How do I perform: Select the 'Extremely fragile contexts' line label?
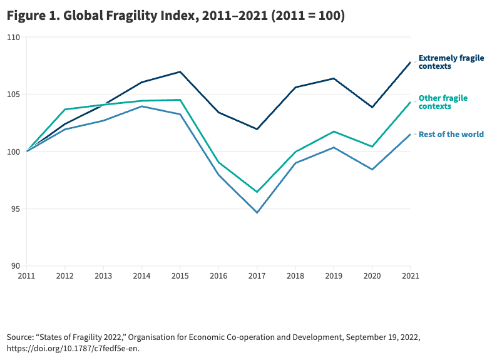[451, 62]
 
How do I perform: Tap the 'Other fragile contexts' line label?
[443, 102]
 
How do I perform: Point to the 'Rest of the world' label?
[451, 134]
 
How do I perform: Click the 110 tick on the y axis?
[14, 38]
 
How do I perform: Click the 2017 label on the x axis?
[257, 275]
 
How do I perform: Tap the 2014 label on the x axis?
[141, 275]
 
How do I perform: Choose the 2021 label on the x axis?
[410, 275]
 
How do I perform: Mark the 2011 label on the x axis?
[26, 275]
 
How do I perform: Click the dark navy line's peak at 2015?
[180, 72]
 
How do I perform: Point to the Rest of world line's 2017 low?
[257, 213]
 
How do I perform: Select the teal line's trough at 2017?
[257, 192]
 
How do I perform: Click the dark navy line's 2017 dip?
[257, 129]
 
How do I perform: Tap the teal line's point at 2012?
[64, 110]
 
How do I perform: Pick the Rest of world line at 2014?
[141, 106]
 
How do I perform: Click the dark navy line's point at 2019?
[334, 78]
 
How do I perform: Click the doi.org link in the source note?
[72, 349]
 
